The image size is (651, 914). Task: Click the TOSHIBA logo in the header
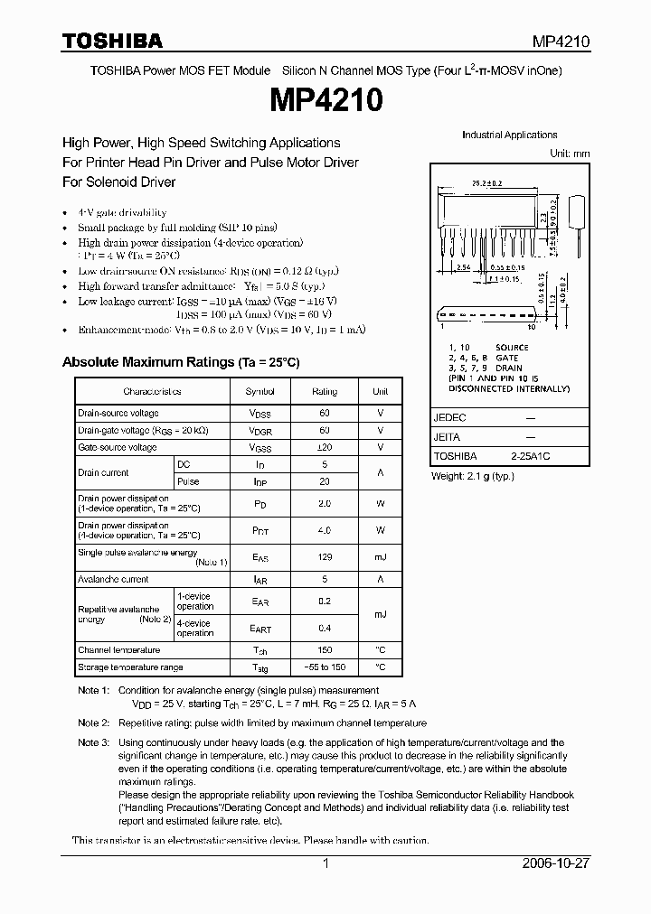pos(112,41)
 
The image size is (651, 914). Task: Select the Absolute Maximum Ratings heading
pos(180,362)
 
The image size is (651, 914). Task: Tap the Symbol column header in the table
pos(259,391)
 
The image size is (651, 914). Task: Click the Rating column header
pos(325,391)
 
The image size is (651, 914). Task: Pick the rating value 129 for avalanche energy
pos(325,557)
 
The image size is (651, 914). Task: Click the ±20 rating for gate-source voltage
pos(325,447)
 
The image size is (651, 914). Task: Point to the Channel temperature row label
pos(119,649)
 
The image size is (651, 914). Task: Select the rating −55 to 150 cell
pos(325,667)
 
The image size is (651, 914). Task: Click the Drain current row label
pos(103,472)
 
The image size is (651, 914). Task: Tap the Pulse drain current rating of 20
pos(325,481)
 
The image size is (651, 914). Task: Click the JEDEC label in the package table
pos(449,418)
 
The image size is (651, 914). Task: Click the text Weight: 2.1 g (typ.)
pos(472,475)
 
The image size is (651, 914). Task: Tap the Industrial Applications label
pos(509,135)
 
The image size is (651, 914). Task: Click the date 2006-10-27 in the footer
pos(554,863)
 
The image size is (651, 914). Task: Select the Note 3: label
pos(93,742)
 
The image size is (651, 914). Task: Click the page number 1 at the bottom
pos(325,863)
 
